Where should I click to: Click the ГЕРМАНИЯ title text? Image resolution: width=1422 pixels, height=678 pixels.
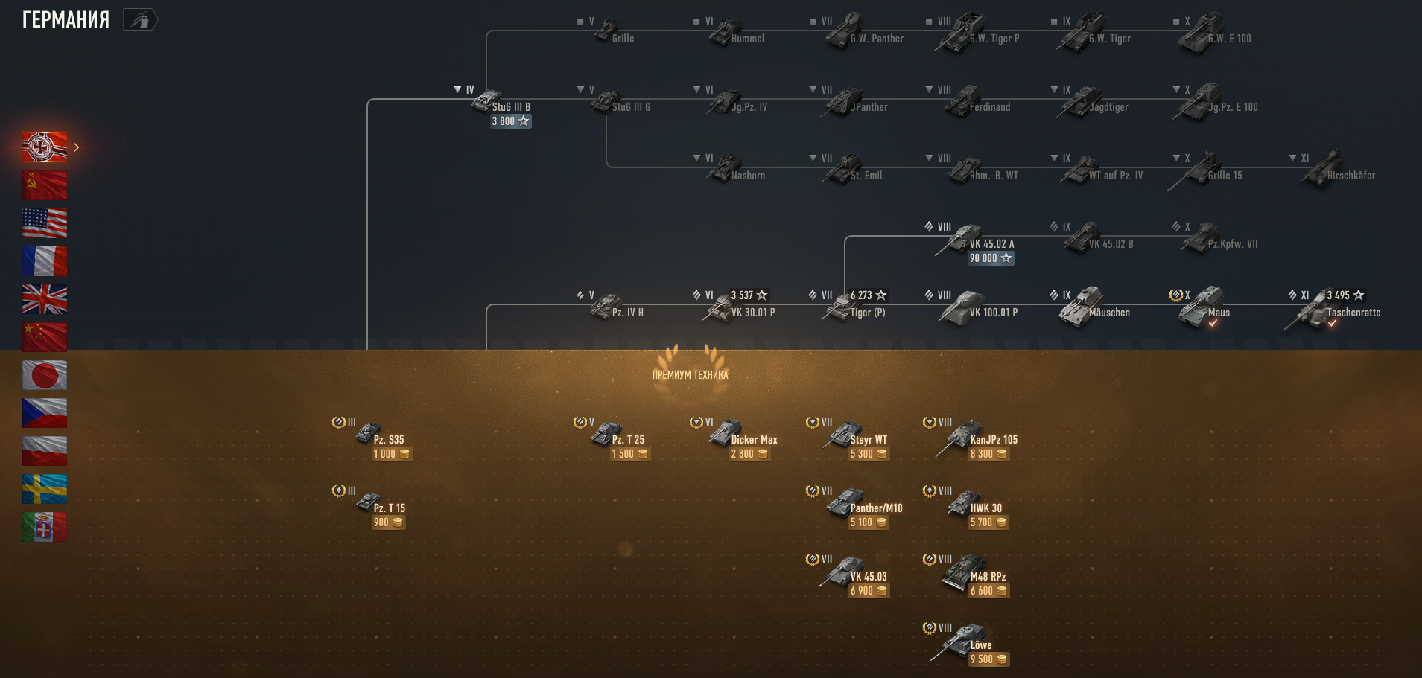point(66,19)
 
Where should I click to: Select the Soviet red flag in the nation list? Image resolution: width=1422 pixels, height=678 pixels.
point(45,185)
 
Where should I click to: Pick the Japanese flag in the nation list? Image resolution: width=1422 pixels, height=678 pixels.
point(45,375)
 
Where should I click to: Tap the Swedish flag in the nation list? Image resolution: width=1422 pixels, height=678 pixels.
point(45,489)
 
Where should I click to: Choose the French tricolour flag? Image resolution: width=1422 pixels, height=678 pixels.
point(45,261)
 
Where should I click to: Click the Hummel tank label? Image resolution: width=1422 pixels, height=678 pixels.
point(747,39)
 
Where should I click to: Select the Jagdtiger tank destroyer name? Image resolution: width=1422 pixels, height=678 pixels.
point(1108,107)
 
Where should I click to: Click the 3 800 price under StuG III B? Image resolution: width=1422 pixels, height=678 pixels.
point(510,121)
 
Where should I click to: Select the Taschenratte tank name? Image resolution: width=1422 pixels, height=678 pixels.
point(1353,313)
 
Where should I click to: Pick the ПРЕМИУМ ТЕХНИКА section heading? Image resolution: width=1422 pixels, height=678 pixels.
point(690,375)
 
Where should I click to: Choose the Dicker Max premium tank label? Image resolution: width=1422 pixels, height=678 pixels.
point(754,440)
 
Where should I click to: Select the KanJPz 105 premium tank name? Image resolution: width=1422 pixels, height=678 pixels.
point(994,440)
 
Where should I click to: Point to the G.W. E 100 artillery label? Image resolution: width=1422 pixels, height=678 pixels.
point(1229,39)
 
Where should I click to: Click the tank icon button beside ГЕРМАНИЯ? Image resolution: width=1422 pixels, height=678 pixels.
point(140,19)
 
